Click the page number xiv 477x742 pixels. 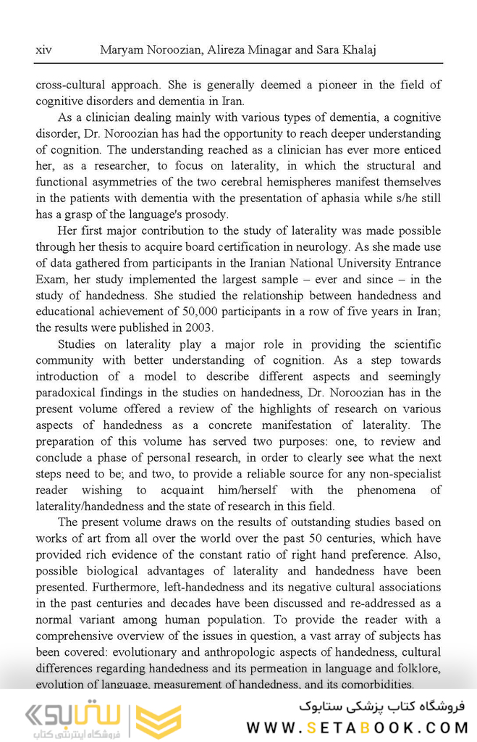43,50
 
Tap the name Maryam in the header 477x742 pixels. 123,50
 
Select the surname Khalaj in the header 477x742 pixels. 357,50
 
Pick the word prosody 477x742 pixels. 206,214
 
